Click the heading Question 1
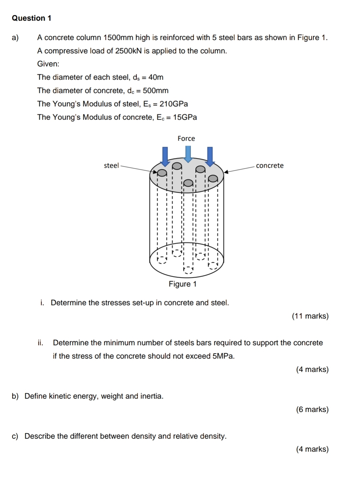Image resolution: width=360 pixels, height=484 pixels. pyautogui.click(x=32, y=18)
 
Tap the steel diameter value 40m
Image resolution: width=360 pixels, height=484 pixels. pyautogui.click(x=156, y=77)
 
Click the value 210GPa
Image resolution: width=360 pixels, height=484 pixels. pyautogui.click(x=174, y=104)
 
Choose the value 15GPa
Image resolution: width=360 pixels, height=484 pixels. pyautogui.click(x=185, y=117)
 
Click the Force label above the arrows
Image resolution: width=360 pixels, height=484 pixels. pyautogui.click(x=186, y=138)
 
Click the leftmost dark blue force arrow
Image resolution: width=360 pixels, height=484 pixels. pyautogui.click(x=165, y=156)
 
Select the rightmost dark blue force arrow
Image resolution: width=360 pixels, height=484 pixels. pyautogui.click(x=210, y=156)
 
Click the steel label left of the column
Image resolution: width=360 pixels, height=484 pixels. pyautogui.click(x=111, y=166)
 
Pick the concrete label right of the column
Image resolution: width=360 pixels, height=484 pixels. pyautogui.click(x=270, y=166)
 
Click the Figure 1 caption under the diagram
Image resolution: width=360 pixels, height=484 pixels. pyautogui.click(x=183, y=284)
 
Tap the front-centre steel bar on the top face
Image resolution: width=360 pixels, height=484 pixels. pyautogui.click(x=189, y=183)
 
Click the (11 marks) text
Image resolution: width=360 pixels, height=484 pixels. pyautogui.click(x=310, y=316)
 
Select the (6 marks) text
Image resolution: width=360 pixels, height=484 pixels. pyautogui.click(x=312, y=409)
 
